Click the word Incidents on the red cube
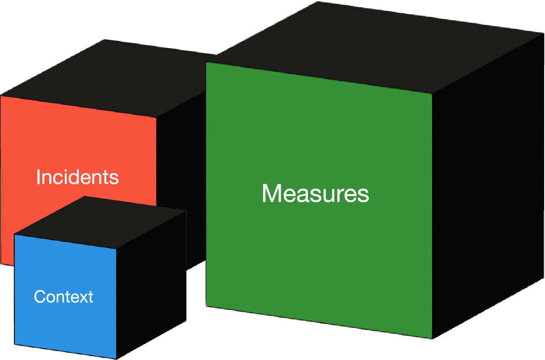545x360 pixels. [77, 177]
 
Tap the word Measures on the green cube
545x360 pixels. [315, 193]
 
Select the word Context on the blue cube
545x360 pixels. [64, 296]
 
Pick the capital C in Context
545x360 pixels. [39, 296]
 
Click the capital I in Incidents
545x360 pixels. [38, 177]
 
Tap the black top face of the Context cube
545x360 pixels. [100, 222]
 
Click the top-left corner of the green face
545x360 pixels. [206, 62]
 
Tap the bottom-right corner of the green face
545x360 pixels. [432, 339]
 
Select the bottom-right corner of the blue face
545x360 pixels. [116, 359]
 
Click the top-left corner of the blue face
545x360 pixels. [14, 234]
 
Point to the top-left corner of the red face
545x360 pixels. [1, 96]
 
